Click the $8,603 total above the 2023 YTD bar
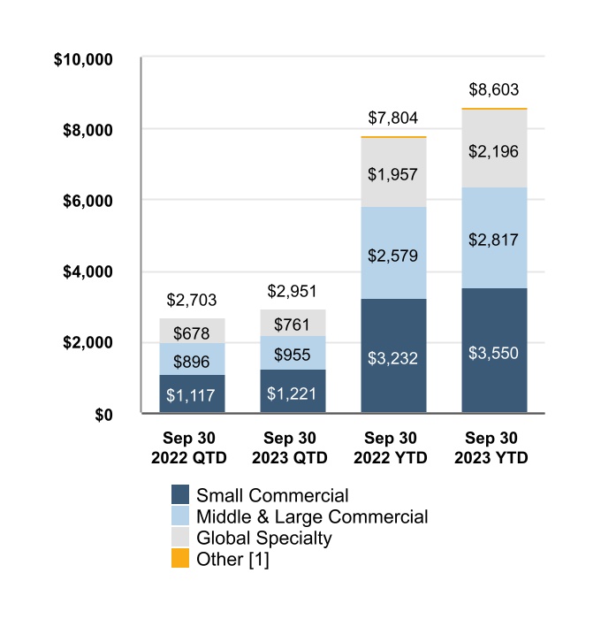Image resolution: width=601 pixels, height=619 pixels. pos(494,89)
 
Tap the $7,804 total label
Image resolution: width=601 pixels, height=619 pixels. pos(393,118)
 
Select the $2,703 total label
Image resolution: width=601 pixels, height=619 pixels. pos(192,301)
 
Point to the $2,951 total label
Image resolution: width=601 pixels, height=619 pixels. pos(293,292)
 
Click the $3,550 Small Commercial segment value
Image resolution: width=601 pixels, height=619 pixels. pos(494,354)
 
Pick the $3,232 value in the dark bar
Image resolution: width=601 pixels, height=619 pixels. pos(393,358)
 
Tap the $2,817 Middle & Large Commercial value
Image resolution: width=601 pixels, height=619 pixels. pos(494,240)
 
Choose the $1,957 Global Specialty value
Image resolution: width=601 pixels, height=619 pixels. pos(393,173)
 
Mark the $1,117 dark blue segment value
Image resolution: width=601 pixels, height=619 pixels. pos(192,394)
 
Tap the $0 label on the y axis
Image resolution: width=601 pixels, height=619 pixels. pos(104,414)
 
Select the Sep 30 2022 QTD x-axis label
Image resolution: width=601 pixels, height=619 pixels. pos(192,448)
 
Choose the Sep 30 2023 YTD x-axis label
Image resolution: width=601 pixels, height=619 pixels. pos(494,448)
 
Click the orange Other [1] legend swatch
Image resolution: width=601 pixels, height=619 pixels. pos(180,559)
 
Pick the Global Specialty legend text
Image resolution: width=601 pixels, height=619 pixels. pos(264,538)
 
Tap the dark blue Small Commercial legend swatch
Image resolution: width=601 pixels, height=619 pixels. pos(180,495)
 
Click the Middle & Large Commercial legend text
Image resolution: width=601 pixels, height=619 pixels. pos(312,516)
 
